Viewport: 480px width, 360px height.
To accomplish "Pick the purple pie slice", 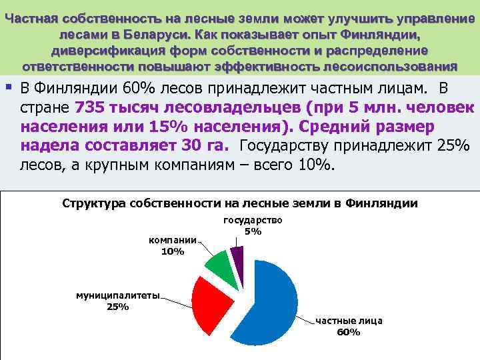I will pyautogui.click(x=237, y=256).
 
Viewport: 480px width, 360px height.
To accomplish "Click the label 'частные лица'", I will pyautogui.click(x=349, y=321).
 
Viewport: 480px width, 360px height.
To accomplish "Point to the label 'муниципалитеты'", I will pyautogui.click(x=117, y=296).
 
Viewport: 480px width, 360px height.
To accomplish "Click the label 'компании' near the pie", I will pyautogui.click(x=173, y=240).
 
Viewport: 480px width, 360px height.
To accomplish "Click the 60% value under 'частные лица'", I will pyautogui.click(x=349, y=332).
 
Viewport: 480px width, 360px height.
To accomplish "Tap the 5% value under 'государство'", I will pyautogui.click(x=253, y=231).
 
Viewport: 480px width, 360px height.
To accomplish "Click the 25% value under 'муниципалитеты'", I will pyautogui.click(x=117, y=307).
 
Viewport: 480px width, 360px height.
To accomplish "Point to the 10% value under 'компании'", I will pyautogui.click(x=173, y=251).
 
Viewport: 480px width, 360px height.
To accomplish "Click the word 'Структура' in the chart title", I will pyautogui.click(x=95, y=203).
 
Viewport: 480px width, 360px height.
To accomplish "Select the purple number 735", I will pyautogui.click(x=91, y=107).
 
